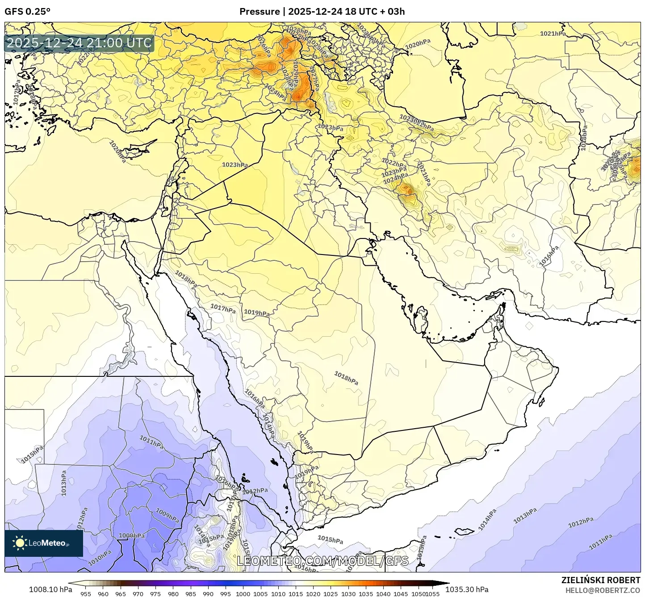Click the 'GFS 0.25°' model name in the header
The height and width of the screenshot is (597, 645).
[27, 12]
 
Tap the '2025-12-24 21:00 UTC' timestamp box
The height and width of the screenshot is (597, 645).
[80, 43]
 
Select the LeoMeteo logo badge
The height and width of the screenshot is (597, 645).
[44, 543]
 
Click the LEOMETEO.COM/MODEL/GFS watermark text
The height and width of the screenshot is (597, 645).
[322, 561]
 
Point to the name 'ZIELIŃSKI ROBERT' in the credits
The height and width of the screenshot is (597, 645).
[600, 580]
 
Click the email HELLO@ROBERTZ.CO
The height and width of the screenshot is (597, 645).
[603, 590]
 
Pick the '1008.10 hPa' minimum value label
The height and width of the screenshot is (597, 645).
[50, 589]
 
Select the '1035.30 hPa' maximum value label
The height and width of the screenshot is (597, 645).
[466, 589]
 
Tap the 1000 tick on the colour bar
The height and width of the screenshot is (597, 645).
[243, 594]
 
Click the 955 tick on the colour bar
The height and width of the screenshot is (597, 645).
[86, 594]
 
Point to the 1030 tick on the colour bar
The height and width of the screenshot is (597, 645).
[348, 594]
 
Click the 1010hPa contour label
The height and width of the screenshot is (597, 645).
[100, 558]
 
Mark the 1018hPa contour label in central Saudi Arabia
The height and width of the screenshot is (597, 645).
[346, 378]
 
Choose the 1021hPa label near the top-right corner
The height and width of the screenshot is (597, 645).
[553, 33]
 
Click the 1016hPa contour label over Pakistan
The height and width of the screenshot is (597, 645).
[549, 256]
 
